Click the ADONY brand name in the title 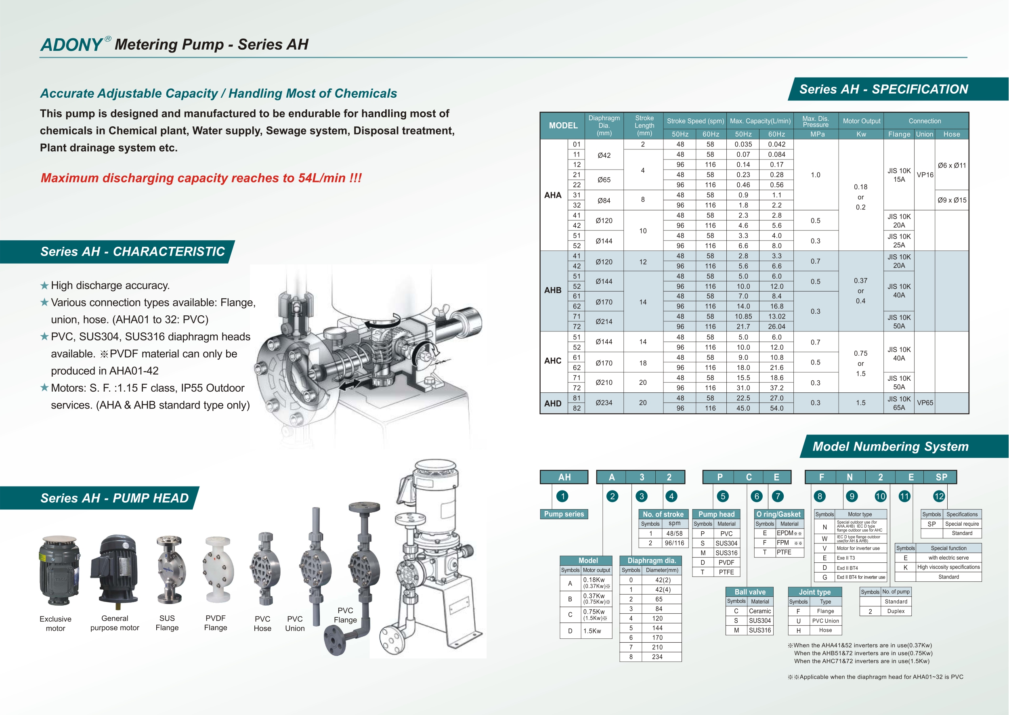[x=71, y=44]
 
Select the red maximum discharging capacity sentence [x=201, y=178]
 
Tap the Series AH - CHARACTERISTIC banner [x=132, y=252]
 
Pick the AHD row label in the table [x=552, y=403]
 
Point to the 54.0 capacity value [x=776, y=408]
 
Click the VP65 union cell [x=925, y=403]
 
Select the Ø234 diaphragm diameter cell [x=604, y=403]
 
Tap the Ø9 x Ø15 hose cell [x=951, y=200]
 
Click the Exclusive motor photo [x=59, y=570]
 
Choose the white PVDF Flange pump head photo [x=217, y=570]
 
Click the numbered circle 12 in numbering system [x=939, y=496]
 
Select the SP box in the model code [x=941, y=477]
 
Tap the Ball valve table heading [x=750, y=592]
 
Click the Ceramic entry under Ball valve [x=759, y=611]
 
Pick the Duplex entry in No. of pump [x=896, y=611]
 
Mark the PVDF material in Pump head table [x=726, y=562]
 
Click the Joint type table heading [x=814, y=592]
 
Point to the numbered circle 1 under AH [x=562, y=496]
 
